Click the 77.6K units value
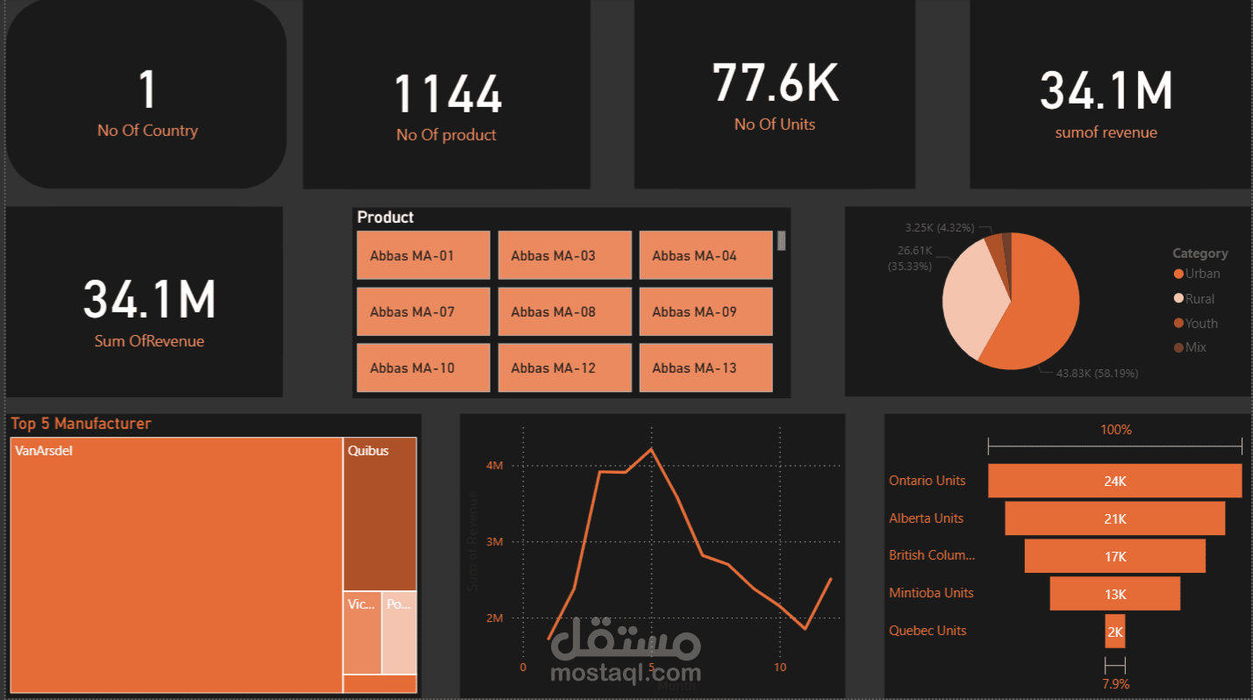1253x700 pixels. point(775,82)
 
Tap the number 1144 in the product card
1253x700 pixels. point(447,94)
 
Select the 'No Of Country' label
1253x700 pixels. point(147,131)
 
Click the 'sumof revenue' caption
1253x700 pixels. point(1106,132)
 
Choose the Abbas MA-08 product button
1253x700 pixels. point(564,311)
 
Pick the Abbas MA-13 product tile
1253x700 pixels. point(705,368)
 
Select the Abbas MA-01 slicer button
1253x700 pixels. point(423,255)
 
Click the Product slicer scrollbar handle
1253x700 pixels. point(781,240)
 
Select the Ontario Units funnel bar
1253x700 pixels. point(1114,481)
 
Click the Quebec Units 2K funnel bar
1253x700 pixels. point(1114,632)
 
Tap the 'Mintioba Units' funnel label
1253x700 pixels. point(931,593)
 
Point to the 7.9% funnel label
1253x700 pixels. point(1115,683)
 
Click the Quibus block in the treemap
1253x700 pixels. point(379,513)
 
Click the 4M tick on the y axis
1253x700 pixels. point(495,466)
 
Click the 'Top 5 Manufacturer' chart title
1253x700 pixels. point(81,424)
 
